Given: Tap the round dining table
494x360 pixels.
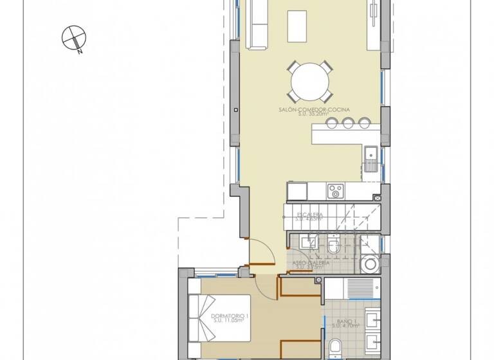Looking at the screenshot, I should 310,81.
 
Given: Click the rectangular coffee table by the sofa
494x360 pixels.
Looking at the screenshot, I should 297,26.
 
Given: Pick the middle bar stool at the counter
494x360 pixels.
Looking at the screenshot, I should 348,123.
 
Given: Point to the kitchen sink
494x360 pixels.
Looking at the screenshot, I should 371,158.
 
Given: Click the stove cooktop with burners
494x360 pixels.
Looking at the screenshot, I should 335,190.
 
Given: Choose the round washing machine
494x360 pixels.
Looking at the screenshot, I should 370,264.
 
